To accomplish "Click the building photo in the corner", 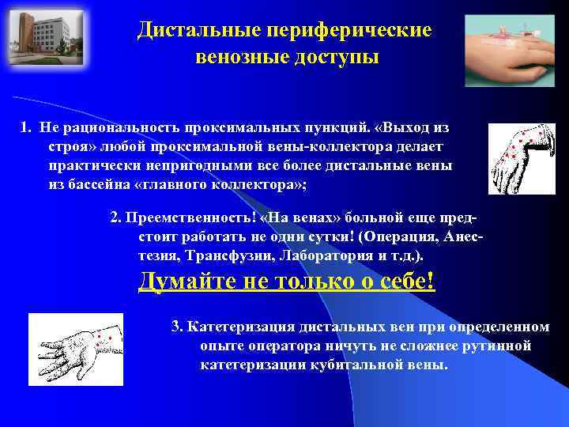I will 38,37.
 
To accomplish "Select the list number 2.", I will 115,219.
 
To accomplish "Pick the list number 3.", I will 176,327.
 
